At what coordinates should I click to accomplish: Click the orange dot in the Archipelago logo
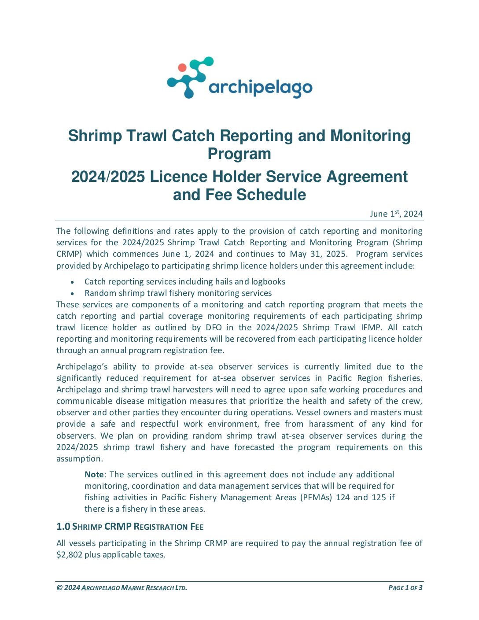click(182, 68)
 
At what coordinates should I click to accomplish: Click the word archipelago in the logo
click(260, 88)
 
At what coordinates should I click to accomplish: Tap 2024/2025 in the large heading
click(108, 177)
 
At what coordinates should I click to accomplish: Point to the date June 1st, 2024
click(396, 214)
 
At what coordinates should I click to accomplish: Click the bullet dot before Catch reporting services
click(72, 282)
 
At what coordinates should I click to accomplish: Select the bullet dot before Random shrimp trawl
click(72, 294)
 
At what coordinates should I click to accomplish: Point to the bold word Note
click(94, 475)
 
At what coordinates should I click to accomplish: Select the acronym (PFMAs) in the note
click(316, 498)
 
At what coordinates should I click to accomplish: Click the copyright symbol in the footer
click(59, 588)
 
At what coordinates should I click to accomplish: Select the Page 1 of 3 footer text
click(405, 588)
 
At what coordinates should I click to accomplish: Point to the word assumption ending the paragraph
click(79, 459)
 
